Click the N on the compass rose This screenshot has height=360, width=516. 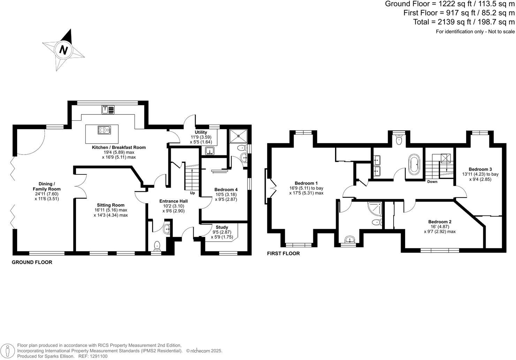tap(63, 50)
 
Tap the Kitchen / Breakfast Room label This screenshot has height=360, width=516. tap(119, 148)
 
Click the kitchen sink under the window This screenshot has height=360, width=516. tap(108, 110)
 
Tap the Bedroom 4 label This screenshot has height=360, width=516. tap(226, 190)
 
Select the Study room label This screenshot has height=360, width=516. tap(222, 227)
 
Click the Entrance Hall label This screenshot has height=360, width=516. tap(173, 201)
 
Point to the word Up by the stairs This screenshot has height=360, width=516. tap(192, 193)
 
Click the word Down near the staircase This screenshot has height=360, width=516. tap(432, 182)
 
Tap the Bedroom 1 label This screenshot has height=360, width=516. tap(306, 183)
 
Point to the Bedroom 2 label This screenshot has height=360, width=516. tap(440, 222)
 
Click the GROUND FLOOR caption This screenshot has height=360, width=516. tap(32, 262)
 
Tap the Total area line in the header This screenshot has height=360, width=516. tap(463, 22)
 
